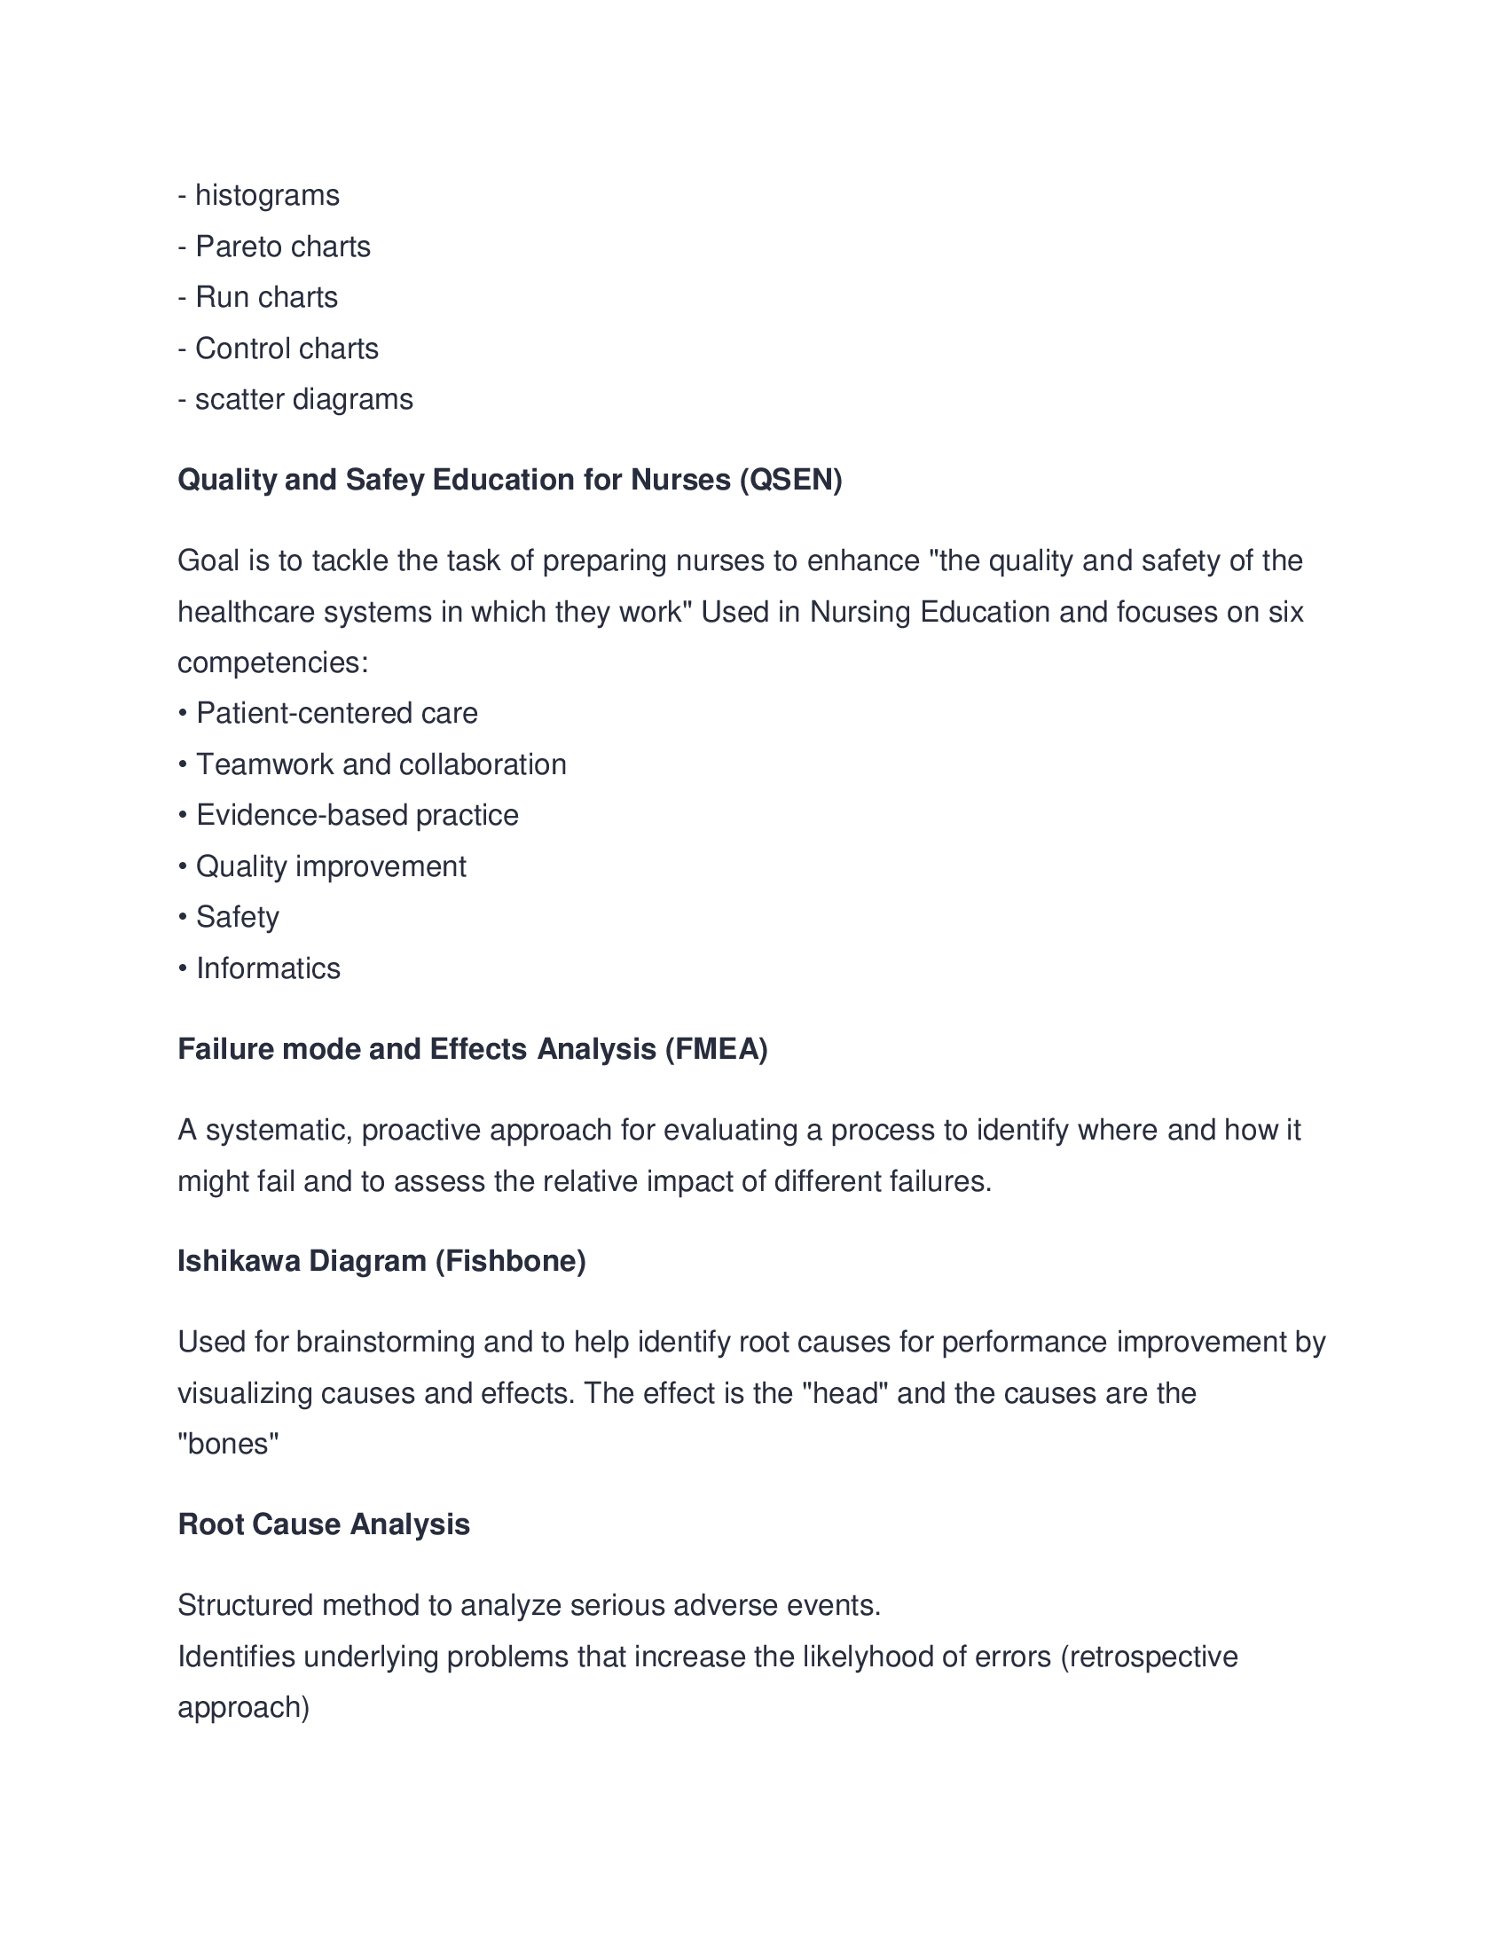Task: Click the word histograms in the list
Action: pos(267,196)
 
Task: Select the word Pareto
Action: pos(235,247)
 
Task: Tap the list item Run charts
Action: pos(266,297)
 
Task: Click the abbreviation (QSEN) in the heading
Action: pos(790,481)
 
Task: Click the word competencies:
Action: pos(273,662)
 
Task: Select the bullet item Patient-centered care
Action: pos(336,714)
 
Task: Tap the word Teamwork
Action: pos(264,764)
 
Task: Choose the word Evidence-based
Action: pos(301,816)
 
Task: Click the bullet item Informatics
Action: pos(268,968)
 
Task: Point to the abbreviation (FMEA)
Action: pos(717,1049)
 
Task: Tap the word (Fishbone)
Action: pos(510,1260)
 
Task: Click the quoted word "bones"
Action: pos(229,1444)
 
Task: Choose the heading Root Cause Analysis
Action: pos(324,1524)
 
